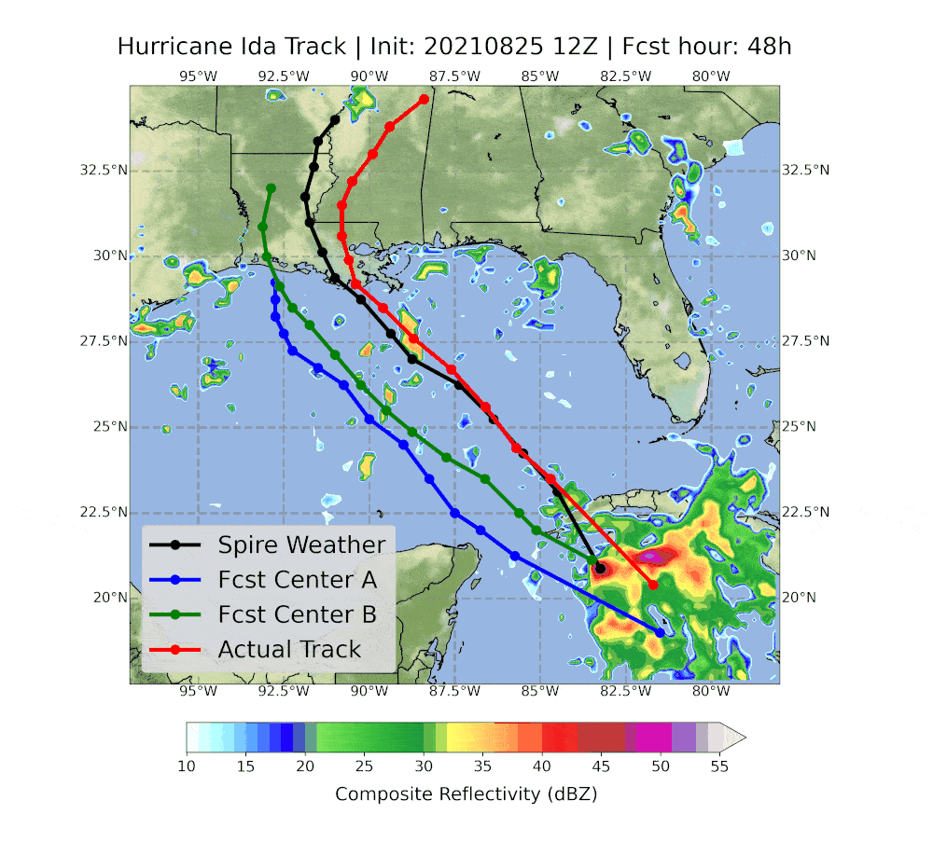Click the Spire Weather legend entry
click(300, 545)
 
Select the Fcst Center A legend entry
click(297, 580)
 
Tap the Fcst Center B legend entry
click(297, 614)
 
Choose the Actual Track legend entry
click(289, 649)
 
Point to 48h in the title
click(773, 47)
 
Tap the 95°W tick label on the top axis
click(198, 76)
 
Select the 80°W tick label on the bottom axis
click(711, 691)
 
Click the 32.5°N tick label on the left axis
click(103, 171)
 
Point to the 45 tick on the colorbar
click(602, 766)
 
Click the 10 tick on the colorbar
click(187, 766)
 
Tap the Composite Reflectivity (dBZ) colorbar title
click(466, 793)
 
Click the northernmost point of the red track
click(425, 99)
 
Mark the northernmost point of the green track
click(271, 188)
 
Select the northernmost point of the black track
click(335, 119)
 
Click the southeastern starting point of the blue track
click(661, 632)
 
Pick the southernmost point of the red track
click(653, 585)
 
